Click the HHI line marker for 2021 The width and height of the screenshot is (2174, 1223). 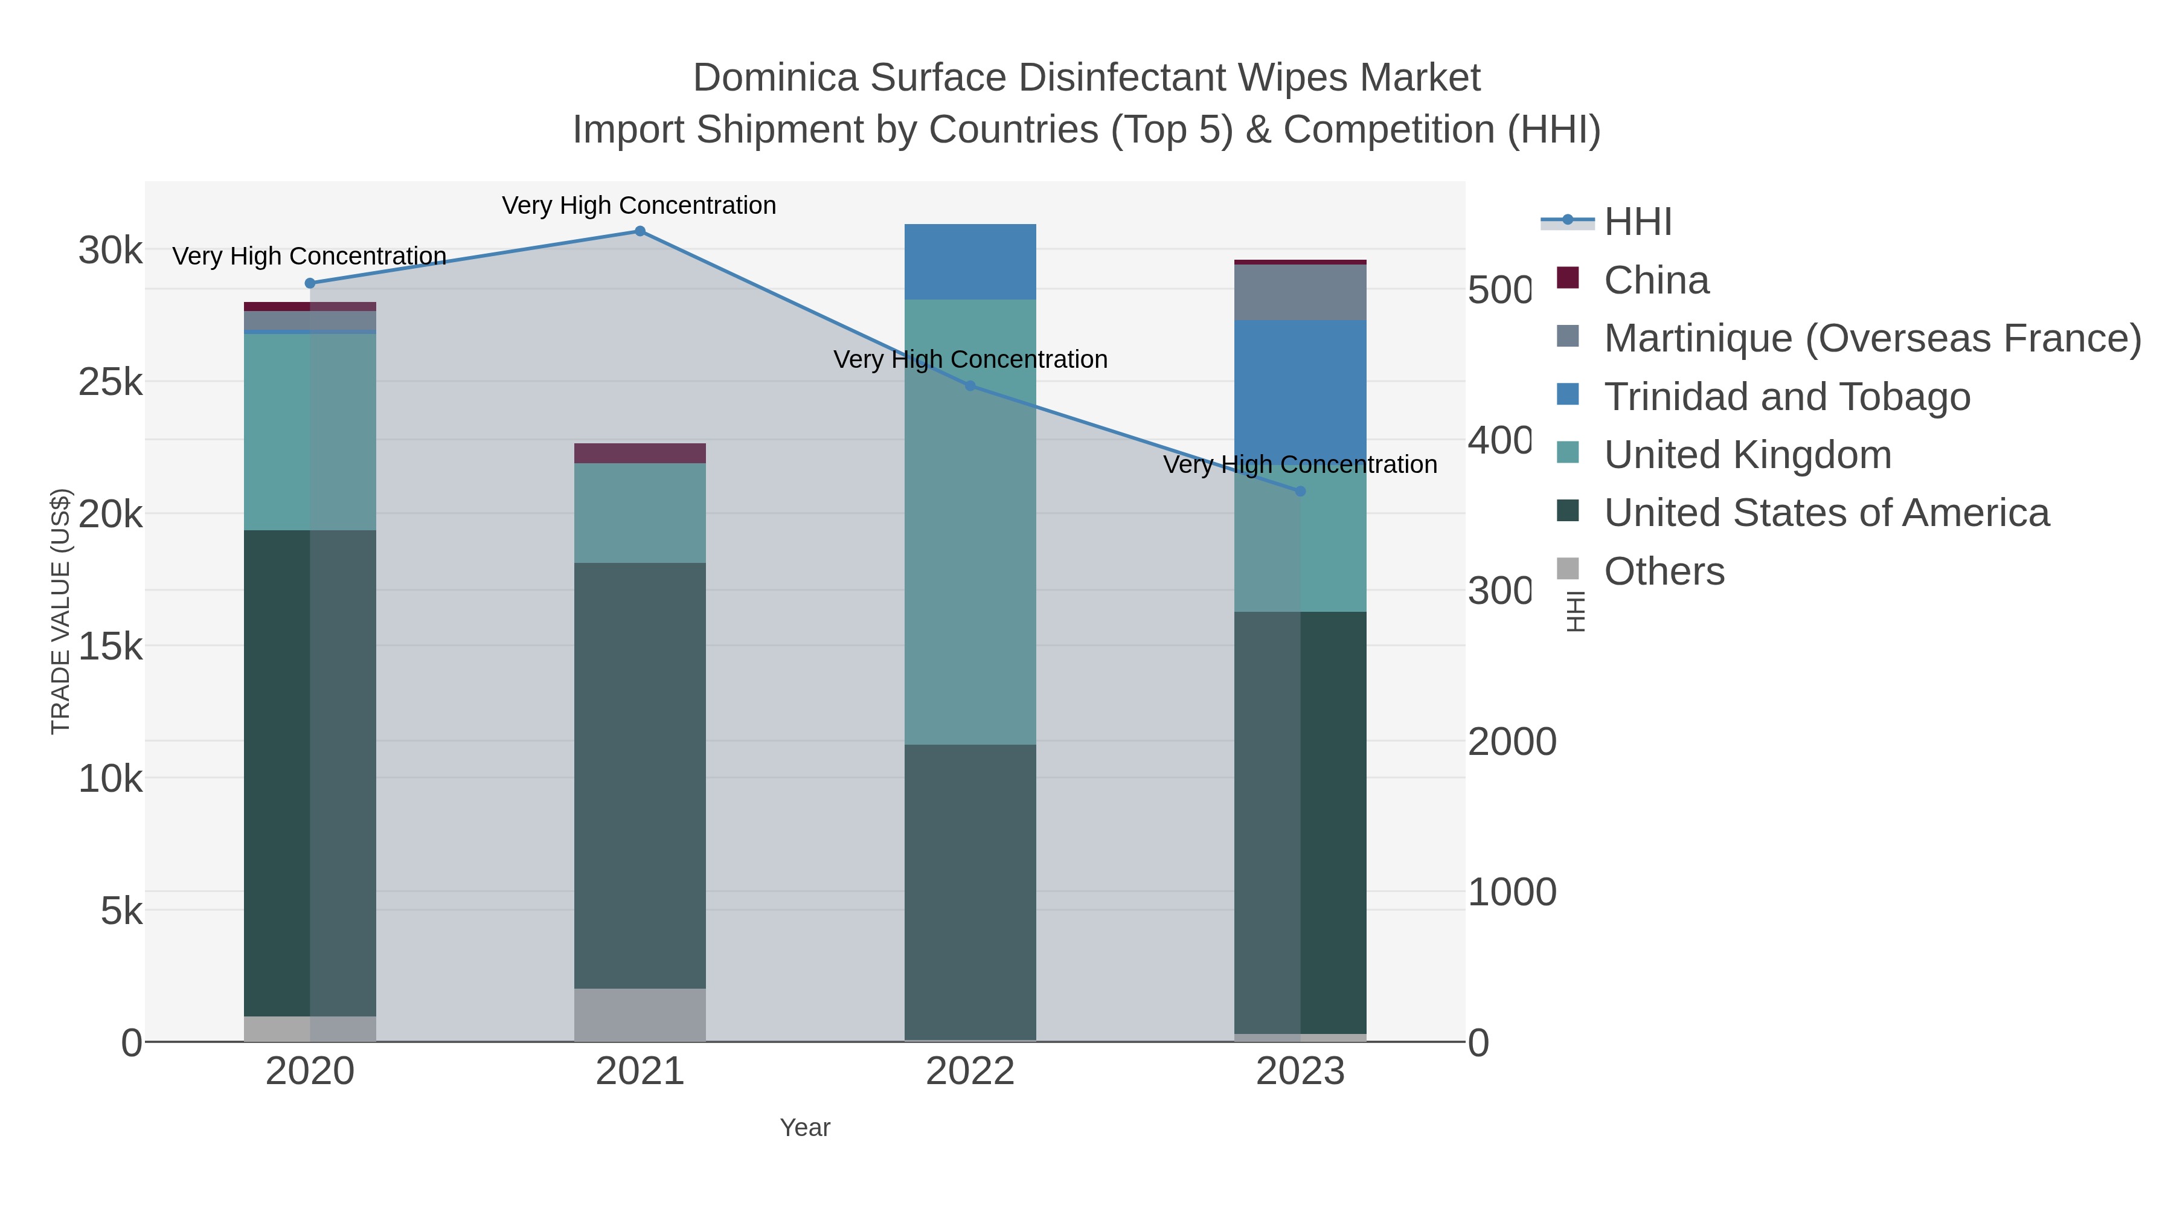click(x=640, y=231)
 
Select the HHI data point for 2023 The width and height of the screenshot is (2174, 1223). click(x=1300, y=491)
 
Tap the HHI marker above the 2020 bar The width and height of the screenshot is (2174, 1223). click(x=310, y=284)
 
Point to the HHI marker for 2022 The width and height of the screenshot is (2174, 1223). click(x=970, y=386)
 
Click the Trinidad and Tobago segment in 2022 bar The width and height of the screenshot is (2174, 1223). click(x=970, y=262)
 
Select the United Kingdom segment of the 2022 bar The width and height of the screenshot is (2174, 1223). click(x=970, y=522)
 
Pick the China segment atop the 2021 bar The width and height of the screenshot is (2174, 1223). click(x=640, y=453)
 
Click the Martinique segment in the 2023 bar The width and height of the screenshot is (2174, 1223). click(x=1300, y=293)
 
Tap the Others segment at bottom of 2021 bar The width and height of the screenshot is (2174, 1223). click(x=640, y=1015)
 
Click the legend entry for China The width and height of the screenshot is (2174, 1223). click(x=1656, y=280)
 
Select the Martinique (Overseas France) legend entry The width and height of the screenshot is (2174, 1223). click(x=1872, y=338)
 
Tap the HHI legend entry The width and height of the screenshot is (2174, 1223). click(x=1637, y=222)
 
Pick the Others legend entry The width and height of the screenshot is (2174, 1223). click(x=1664, y=571)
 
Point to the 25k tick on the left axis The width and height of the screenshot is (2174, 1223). click(x=111, y=382)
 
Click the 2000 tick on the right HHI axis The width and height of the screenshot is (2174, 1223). click(x=1512, y=742)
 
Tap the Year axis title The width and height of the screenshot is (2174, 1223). click(x=804, y=1128)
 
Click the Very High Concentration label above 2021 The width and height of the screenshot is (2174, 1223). click(x=639, y=206)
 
